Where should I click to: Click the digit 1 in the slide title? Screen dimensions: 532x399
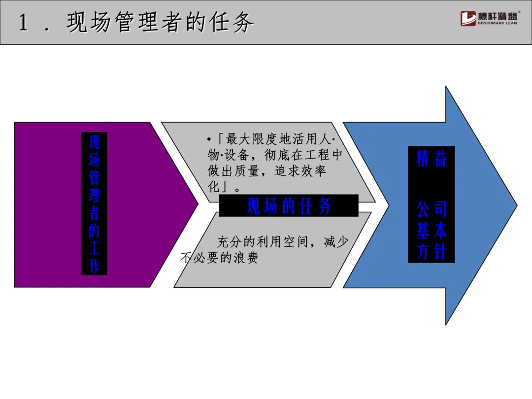[x=23, y=23]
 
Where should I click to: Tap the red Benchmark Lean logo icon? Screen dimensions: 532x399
[x=468, y=18]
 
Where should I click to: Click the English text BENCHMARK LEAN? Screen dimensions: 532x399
[x=498, y=23]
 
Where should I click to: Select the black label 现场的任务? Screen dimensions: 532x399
[x=289, y=206]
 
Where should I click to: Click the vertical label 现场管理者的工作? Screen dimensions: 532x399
[x=94, y=203]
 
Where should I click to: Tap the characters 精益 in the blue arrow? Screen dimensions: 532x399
[x=432, y=159]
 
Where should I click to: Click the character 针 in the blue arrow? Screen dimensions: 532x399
[x=440, y=252]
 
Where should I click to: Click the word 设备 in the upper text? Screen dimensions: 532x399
[x=239, y=155]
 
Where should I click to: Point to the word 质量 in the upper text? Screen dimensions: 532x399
[x=246, y=172]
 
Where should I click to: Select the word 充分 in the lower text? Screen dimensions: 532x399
[x=231, y=242]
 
